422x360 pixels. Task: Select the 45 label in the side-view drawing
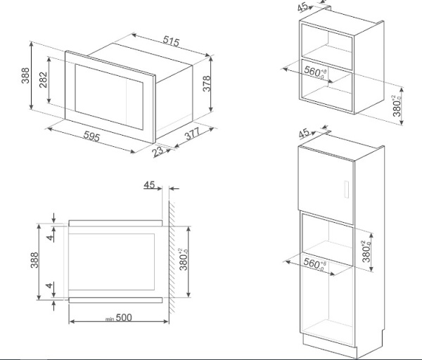149,185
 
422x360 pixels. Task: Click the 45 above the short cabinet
302,8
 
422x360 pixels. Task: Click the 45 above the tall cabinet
304,132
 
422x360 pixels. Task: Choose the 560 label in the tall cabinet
314,265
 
